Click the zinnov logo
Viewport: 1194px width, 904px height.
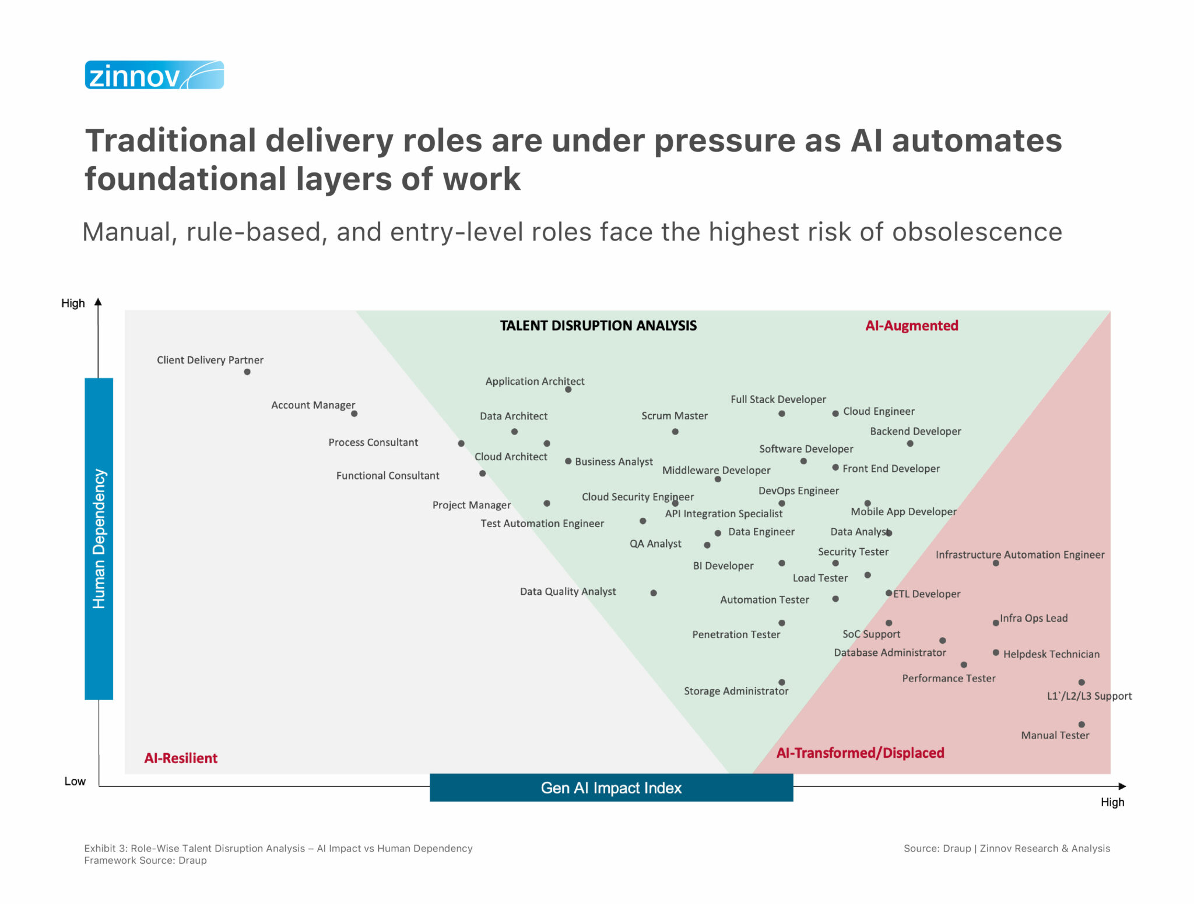pyautogui.click(x=154, y=75)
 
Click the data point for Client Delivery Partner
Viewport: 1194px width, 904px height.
pyautogui.click(x=247, y=372)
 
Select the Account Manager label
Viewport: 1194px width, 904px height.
pyautogui.click(x=312, y=405)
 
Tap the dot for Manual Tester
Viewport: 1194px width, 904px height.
pyautogui.click(x=1081, y=725)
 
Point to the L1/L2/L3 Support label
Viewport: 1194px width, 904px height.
pyautogui.click(x=1089, y=696)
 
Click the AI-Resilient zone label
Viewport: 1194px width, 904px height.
pyautogui.click(x=181, y=758)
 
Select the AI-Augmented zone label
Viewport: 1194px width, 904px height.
pyautogui.click(x=912, y=326)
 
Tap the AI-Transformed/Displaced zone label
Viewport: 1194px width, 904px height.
pyautogui.click(x=860, y=753)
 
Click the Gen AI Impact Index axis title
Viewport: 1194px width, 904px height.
pyautogui.click(x=611, y=788)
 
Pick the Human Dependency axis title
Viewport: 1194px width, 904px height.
pyautogui.click(x=99, y=539)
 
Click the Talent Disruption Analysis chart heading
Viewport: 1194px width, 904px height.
pyautogui.click(x=598, y=326)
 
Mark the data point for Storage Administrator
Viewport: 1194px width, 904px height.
pyautogui.click(x=782, y=682)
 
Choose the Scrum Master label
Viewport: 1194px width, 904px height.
pyautogui.click(x=675, y=416)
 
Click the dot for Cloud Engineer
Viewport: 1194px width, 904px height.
pyautogui.click(x=835, y=413)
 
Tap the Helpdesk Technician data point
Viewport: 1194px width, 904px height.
pyautogui.click(x=996, y=652)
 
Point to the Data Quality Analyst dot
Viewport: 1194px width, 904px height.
pyautogui.click(x=654, y=593)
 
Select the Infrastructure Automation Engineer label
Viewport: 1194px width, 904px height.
pyautogui.click(x=1020, y=555)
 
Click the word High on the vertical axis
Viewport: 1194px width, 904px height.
pyautogui.click(x=73, y=303)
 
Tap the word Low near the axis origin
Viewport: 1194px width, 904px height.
pyautogui.click(x=75, y=781)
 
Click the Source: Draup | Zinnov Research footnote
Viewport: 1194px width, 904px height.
pyautogui.click(x=1006, y=848)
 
